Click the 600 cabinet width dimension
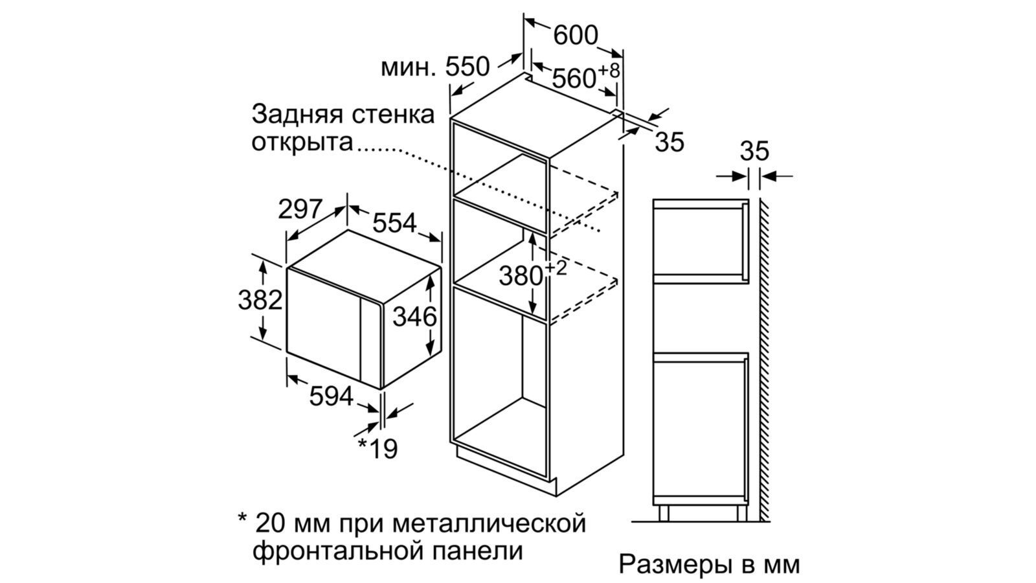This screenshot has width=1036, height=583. coord(576,35)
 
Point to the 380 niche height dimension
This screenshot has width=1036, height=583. coord(521,276)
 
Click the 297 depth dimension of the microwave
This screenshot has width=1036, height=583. coord(300,209)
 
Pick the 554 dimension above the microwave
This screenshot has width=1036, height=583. coord(394,223)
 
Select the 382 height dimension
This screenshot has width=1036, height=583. coord(260,300)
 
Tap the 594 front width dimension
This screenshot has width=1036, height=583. coord(331,396)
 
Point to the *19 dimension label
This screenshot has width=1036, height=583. coord(378,448)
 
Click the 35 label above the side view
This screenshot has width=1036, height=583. coord(754,151)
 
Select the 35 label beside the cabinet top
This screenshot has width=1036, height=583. coord(669,142)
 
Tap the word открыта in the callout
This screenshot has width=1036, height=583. coord(302,141)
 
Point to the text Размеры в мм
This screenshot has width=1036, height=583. coord(709,564)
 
